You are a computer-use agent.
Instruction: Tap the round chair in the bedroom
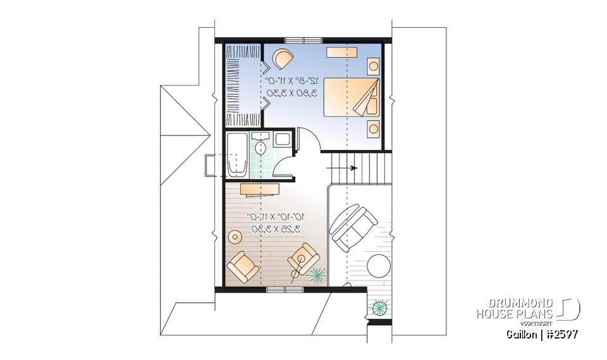(x=283, y=59)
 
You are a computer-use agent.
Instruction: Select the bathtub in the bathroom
(x=237, y=155)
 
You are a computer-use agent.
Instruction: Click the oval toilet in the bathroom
(x=261, y=147)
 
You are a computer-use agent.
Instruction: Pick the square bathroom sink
(x=282, y=140)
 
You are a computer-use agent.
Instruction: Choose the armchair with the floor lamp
(x=304, y=259)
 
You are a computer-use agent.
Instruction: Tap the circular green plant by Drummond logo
(x=379, y=308)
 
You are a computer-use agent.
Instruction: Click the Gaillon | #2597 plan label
(x=541, y=333)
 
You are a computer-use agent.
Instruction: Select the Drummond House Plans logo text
(x=515, y=308)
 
